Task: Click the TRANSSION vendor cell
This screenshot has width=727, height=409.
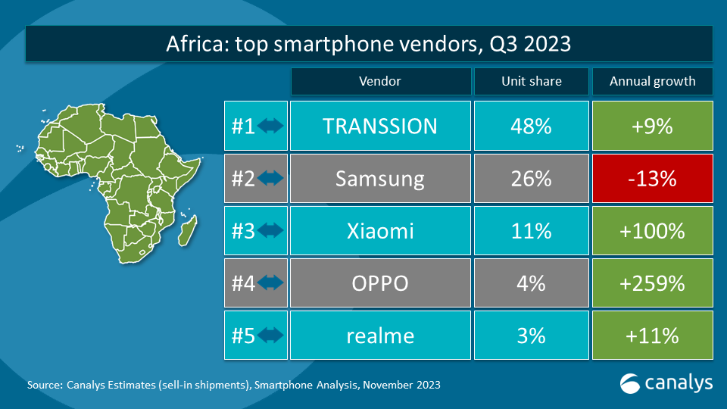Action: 379,126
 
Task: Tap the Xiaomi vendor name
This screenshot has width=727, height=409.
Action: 379,230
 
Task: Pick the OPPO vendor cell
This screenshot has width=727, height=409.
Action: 379,283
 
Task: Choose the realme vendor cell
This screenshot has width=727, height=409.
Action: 379,335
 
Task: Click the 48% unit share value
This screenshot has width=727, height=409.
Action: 531,126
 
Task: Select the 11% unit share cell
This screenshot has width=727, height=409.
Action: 531,230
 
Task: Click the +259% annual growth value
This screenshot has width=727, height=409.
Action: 652,283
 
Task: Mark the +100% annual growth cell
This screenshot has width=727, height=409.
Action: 652,230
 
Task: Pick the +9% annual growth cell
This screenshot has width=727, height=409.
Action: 652,126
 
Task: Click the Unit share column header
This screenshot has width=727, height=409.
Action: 531,82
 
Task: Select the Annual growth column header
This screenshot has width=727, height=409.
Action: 652,82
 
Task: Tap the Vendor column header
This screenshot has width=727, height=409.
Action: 379,82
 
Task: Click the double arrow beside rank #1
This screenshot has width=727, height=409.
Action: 270,126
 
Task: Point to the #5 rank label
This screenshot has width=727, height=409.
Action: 243,335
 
